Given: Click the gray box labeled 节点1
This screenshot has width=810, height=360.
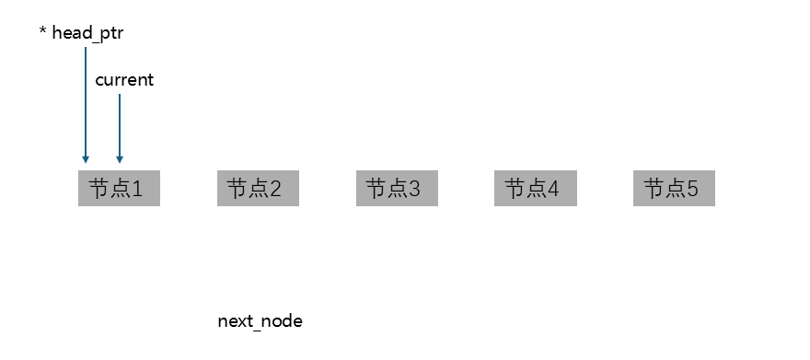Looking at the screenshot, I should (x=119, y=190).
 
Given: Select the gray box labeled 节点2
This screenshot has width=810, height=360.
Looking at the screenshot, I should (x=258, y=190).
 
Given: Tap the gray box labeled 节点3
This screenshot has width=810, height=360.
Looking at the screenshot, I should (x=397, y=190).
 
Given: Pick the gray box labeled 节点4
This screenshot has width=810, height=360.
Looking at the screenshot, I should (x=536, y=190).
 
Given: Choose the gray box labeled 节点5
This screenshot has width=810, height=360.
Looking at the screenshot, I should (x=674, y=190).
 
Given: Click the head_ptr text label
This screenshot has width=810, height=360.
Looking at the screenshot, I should (x=87, y=33).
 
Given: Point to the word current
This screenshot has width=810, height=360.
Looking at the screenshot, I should (x=124, y=80).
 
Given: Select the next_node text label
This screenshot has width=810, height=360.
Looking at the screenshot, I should (x=260, y=321).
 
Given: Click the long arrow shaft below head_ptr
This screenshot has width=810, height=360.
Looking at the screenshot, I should (x=86, y=101).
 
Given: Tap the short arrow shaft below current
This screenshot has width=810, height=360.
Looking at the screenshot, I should (x=120, y=124).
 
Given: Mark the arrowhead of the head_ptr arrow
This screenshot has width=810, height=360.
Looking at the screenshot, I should (x=86, y=158).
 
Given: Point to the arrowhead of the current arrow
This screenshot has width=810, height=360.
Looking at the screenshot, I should (x=120, y=158).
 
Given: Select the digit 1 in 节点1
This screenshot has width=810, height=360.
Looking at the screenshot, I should (x=138, y=190).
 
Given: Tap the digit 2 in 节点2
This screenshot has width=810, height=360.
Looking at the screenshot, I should (x=276, y=190).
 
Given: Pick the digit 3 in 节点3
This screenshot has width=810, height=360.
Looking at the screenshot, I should (x=415, y=190).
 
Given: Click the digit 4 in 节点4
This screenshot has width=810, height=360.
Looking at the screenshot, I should (x=554, y=190).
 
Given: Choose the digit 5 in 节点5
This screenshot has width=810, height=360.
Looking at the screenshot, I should (x=693, y=190).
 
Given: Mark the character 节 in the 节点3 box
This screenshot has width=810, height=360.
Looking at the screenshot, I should (x=376, y=190).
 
